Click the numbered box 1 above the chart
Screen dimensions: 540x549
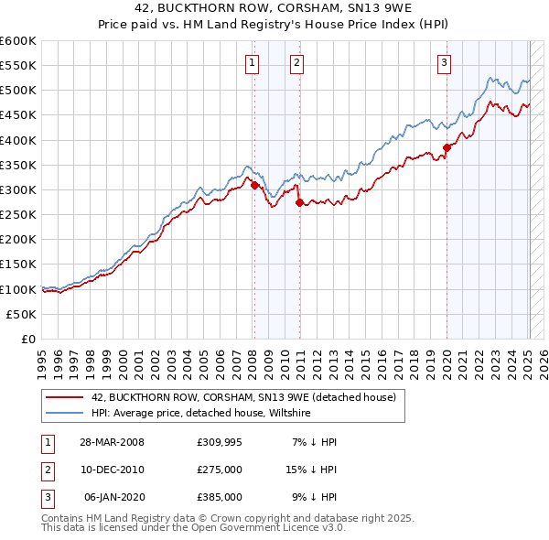point(251,63)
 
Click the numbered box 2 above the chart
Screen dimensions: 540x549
point(297,63)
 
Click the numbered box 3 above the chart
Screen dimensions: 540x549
point(444,63)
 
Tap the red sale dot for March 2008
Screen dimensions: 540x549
point(254,185)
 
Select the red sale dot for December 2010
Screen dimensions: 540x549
point(299,202)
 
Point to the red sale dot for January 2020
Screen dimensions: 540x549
point(447,147)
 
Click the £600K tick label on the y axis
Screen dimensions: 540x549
point(18,41)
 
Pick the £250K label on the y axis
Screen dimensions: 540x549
point(18,215)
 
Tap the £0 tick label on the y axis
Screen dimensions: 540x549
point(27,339)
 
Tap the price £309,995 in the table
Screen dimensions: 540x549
point(219,441)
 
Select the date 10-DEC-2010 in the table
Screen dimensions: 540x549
point(113,469)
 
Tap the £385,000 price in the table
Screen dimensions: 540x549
point(219,496)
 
